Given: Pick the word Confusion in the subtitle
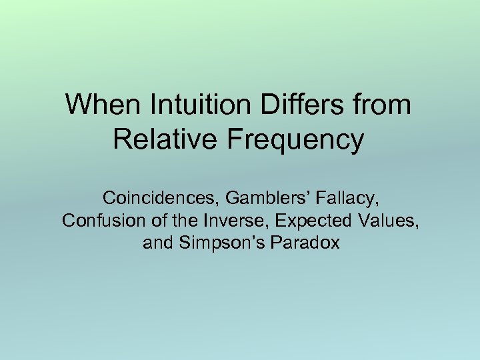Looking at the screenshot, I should coord(96,221).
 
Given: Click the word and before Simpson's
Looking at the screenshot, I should coord(158,243).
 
